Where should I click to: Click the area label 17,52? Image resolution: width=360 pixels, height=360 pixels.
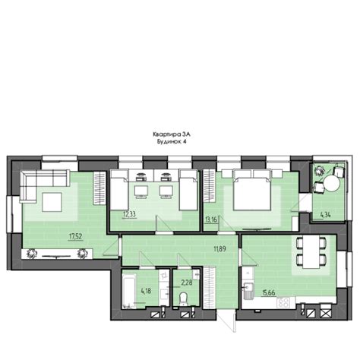coord(76,236)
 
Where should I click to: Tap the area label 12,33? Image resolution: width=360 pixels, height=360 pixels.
coord(129,214)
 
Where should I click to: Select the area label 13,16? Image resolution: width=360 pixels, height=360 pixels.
coord(211,219)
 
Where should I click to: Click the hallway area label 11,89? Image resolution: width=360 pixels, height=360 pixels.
coord(219,249)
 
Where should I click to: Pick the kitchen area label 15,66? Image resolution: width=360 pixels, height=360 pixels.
coord(269,293)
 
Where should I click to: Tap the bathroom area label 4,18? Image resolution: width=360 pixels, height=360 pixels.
coord(147,291)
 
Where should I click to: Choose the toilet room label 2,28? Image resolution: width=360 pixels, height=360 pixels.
coord(187,283)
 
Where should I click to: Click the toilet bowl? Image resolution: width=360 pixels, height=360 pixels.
coord(183,298)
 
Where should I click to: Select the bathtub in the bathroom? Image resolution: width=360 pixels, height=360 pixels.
coord(129,289)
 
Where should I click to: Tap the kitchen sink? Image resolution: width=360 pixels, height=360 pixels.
coord(248,291)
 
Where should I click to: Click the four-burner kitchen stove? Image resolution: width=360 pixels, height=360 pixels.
coord(283,302)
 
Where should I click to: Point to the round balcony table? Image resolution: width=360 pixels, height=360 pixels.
coord(332,184)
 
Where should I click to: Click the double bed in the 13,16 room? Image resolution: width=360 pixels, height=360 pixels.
coord(252,191)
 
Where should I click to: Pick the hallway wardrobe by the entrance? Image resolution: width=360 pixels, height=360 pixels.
coord(210,288)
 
